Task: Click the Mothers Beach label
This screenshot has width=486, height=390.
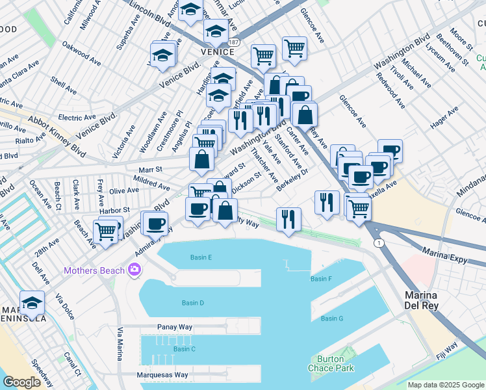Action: coord(94,270)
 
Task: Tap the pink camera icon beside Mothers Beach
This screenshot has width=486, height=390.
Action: coord(134,269)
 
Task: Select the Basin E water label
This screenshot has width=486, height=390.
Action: coord(201,257)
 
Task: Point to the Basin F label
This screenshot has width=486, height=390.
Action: coord(321,279)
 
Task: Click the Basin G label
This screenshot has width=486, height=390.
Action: coord(331,318)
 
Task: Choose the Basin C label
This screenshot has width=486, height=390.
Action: coord(184,349)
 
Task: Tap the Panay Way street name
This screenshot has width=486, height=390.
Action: coord(172,327)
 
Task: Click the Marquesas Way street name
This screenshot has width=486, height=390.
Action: coord(162,375)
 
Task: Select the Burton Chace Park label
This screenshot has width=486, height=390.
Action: coord(335,363)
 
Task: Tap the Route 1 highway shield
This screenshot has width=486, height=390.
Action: coord(377,242)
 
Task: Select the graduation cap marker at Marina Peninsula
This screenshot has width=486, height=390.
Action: coord(32,302)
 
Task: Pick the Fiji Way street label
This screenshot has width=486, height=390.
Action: coord(448,349)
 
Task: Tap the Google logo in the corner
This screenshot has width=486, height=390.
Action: coord(22,382)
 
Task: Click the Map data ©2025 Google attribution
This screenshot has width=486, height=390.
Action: coord(446,385)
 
